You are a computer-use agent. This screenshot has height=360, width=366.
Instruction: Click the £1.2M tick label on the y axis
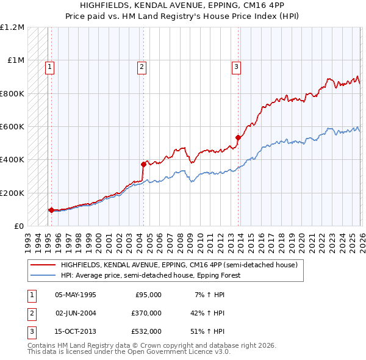click(12, 27)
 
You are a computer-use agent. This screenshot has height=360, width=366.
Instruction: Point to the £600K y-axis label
click(12, 127)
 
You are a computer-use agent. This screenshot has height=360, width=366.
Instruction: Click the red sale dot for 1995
click(51, 210)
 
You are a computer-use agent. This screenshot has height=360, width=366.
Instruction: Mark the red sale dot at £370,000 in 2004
click(143, 164)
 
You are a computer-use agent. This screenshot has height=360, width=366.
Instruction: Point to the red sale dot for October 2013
click(238, 137)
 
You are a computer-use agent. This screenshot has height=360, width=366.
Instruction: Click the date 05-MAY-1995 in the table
click(75, 295)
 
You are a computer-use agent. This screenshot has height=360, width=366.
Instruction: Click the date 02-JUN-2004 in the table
click(75, 313)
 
